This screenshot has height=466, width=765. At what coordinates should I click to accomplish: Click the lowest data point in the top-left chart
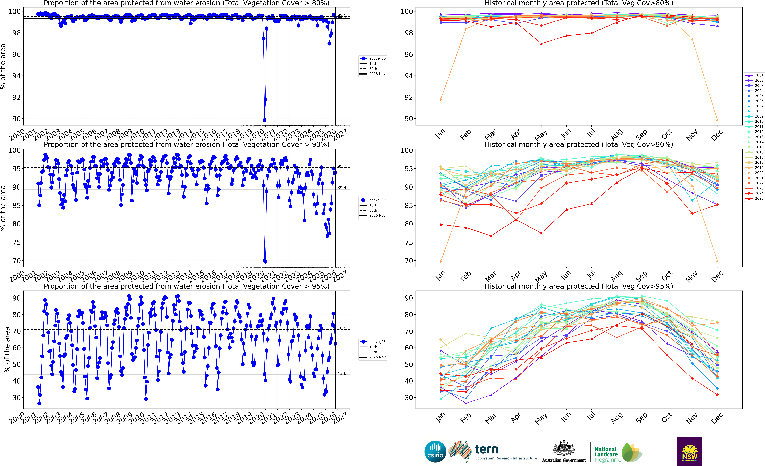pos(265,120)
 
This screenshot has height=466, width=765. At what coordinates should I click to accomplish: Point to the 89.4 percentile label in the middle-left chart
pos(342,188)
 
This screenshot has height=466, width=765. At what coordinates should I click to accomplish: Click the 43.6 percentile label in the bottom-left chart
pos(342,373)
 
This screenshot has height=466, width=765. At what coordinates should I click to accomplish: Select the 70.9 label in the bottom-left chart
pos(342,328)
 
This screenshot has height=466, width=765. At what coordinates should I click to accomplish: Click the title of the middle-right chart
pos(579,144)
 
